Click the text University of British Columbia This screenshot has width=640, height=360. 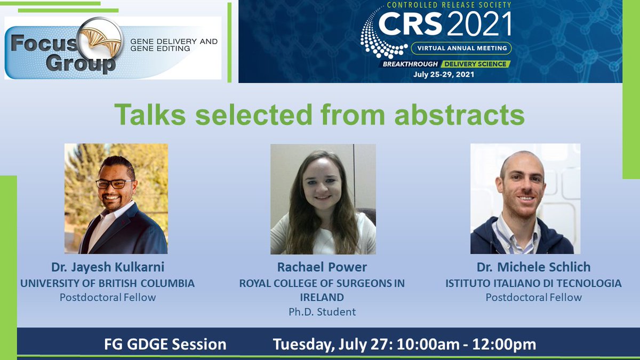pyautogui.click(x=107, y=283)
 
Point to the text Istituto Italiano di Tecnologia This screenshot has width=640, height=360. pyautogui.click(x=533, y=283)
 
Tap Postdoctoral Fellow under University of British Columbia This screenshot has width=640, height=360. pyautogui.click(x=107, y=298)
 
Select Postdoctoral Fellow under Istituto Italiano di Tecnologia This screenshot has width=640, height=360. pyautogui.click(x=533, y=298)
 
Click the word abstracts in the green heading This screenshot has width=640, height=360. pyautogui.click(x=459, y=115)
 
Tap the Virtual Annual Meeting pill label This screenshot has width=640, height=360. pyautogui.click(x=461, y=49)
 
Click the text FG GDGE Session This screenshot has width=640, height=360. pyautogui.click(x=165, y=345)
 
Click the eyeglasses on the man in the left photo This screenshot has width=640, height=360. pyautogui.click(x=114, y=183)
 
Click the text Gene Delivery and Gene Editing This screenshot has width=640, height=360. pyautogui.click(x=174, y=45)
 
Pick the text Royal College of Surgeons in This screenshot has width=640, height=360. pyautogui.click(x=322, y=283)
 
